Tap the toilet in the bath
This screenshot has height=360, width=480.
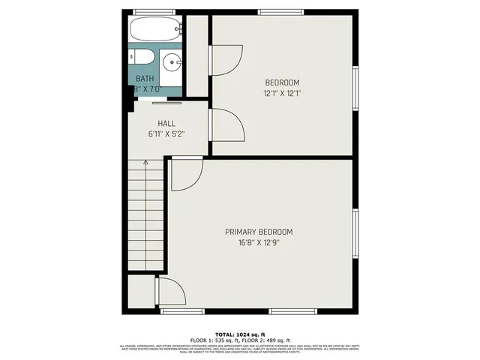142,59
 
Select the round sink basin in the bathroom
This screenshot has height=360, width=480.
172,63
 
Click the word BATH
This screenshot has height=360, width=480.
145,78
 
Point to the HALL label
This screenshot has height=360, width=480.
166,123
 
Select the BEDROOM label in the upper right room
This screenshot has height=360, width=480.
282,82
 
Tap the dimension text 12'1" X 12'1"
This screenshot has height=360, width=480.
282,94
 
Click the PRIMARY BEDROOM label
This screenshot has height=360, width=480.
259,232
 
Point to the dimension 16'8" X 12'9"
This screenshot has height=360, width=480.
259,242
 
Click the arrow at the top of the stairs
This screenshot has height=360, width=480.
145,162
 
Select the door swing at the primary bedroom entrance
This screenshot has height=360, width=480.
185,174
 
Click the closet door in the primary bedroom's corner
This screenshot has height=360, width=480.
169,291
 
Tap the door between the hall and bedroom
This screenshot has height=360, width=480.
226,123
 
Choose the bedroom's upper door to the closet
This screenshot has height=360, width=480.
226,58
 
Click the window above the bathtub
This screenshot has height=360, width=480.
154,11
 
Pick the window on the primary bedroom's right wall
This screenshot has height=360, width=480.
356,232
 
